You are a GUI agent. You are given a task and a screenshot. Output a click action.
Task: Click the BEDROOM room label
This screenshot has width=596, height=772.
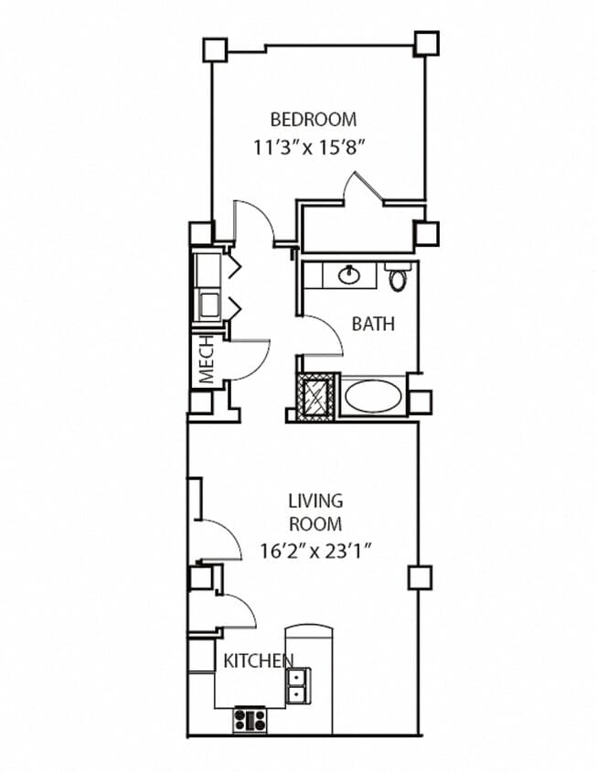[313, 119]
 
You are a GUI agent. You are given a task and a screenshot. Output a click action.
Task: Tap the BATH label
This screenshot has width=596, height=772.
[373, 324]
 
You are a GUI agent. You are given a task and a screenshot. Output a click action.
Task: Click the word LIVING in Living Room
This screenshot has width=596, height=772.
[315, 500]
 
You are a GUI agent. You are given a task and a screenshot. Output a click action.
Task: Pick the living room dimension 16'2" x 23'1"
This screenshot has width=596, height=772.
[315, 551]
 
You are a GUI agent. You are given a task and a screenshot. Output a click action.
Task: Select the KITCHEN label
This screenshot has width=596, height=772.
[259, 660]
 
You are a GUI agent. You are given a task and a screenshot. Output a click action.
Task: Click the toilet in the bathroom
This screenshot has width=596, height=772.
[397, 276]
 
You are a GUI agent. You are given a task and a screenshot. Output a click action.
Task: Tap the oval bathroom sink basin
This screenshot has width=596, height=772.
[349, 273]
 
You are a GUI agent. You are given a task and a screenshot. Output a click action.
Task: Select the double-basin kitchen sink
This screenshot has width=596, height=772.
[297, 684]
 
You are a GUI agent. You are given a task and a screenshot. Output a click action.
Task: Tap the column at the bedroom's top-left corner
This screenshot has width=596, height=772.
[214, 48]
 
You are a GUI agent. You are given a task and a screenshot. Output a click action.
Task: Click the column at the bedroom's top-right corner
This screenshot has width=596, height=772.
[426, 43]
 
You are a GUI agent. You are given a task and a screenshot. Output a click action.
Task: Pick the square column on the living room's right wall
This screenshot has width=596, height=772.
[419, 576]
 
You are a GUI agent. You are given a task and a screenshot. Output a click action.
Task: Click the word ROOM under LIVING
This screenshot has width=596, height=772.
[315, 525]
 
